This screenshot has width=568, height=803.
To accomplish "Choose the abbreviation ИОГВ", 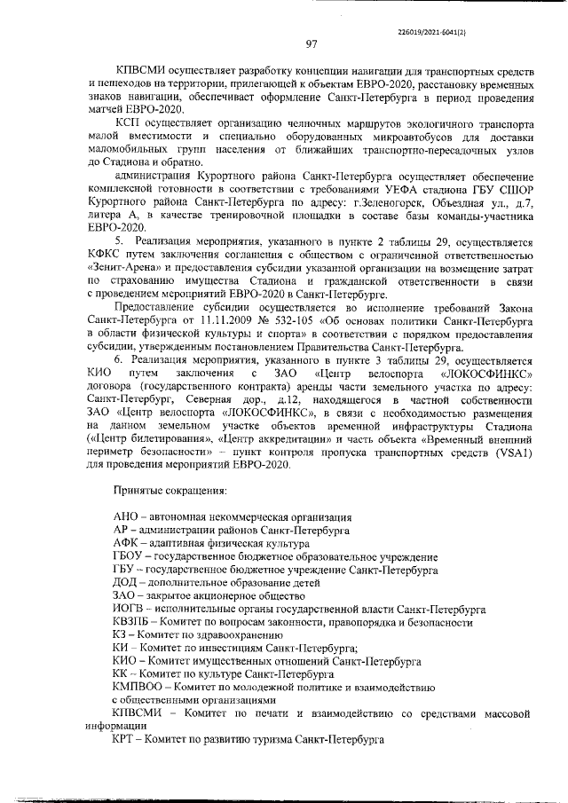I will [x=131, y=610].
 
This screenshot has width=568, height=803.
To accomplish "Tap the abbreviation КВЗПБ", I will [x=136, y=624].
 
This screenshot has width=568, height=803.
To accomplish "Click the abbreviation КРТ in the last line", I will [x=126, y=738].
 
